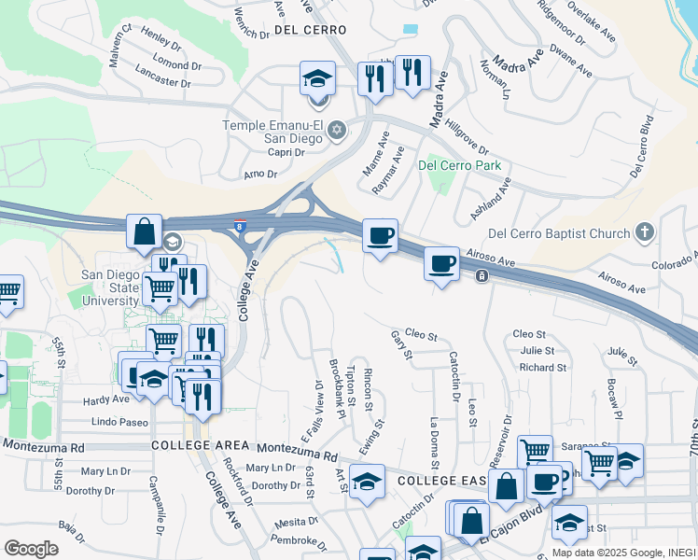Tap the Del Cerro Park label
coord(460,165)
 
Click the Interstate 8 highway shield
coord(242,225)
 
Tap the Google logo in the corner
coord(32,549)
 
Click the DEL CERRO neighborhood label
coord(311,30)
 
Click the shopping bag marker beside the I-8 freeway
coord(145,232)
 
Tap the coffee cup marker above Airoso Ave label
coord(441,262)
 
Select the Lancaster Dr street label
coord(162,81)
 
